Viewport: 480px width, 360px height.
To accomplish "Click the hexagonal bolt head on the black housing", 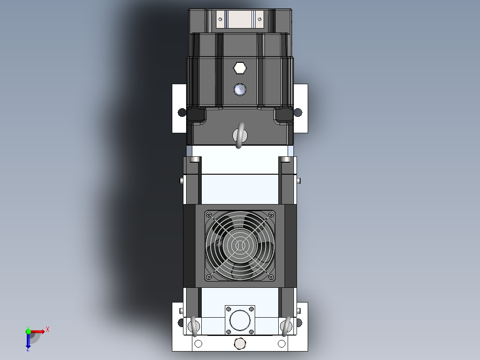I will point(240,68).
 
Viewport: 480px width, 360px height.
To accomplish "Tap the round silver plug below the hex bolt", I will point(240,90).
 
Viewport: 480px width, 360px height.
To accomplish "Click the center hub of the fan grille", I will point(240,245).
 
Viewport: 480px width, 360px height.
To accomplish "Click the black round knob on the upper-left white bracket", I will point(182,112).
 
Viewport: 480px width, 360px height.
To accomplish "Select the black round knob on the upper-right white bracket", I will point(298,112).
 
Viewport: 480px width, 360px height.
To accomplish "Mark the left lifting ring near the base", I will point(194,327).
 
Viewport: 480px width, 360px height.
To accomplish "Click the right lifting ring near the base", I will point(286,327).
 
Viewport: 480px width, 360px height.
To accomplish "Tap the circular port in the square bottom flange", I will point(240,319).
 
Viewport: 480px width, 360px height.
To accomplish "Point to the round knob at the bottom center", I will point(240,344).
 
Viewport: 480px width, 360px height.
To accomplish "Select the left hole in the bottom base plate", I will point(199,344).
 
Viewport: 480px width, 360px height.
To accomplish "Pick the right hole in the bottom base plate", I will point(281,344).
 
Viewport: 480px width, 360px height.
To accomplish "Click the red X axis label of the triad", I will point(48,329).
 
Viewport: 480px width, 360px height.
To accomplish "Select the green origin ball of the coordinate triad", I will point(28,331).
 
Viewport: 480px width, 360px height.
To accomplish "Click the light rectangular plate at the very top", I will point(240,20).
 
